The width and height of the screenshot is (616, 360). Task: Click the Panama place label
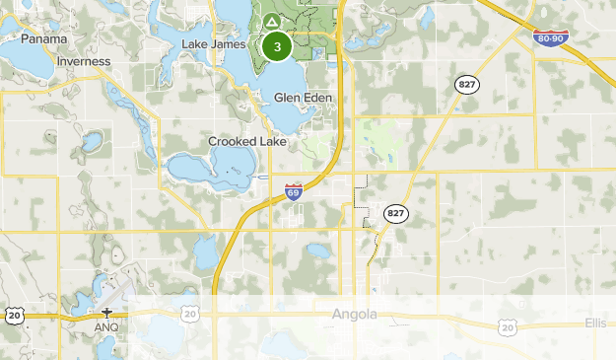click(x=43, y=38)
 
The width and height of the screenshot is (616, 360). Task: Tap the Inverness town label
click(x=84, y=61)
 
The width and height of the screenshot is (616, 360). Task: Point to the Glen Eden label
click(x=303, y=98)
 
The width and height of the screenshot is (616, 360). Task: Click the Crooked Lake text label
click(x=246, y=141)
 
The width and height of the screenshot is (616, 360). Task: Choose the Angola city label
click(x=355, y=315)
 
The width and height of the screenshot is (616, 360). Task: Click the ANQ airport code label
click(x=106, y=326)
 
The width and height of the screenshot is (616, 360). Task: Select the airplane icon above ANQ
click(x=106, y=313)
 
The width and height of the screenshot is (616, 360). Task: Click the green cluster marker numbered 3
click(x=277, y=46)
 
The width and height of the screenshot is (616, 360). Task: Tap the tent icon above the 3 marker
click(x=271, y=20)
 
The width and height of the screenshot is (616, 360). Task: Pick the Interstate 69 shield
click(x=293, y=191)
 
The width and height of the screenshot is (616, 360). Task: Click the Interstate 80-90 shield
click(x=550, y=38)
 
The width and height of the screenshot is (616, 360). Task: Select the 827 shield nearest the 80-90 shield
click(x=465, y=85)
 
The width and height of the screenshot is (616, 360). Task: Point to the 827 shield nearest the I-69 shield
click(x=396, y=213)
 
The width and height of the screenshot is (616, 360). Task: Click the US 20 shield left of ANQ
click(x=12, y=316)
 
